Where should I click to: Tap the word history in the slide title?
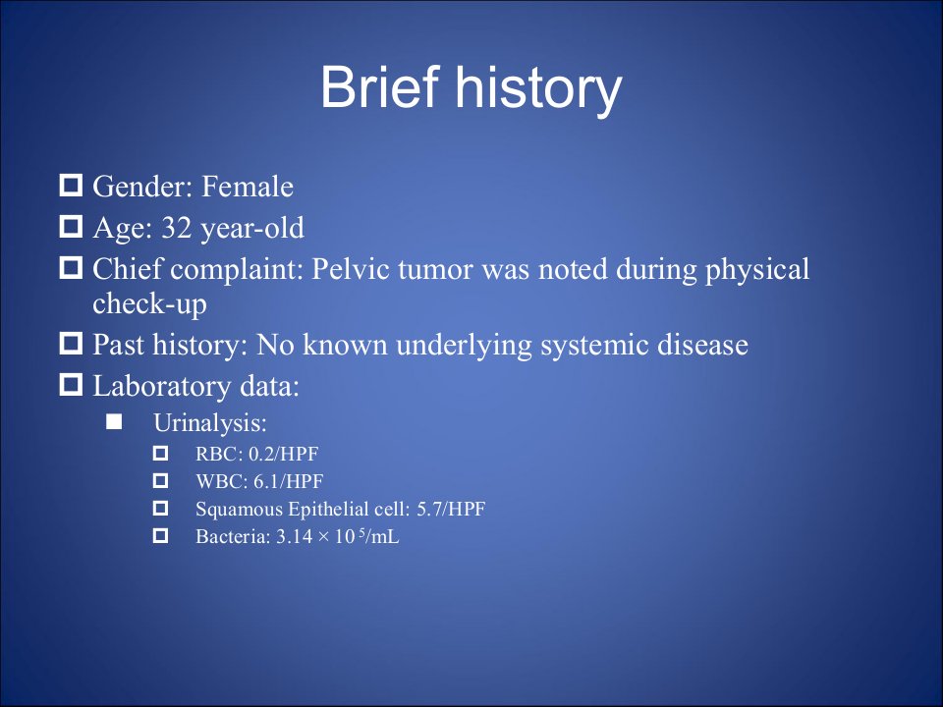(x=537, y=91)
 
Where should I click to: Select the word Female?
(x=248, y=187)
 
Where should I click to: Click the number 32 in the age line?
(x=176, y=228)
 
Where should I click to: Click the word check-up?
(x=149, y=304)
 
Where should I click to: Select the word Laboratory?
(x=161, y=387)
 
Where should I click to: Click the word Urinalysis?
(x=210, y=423)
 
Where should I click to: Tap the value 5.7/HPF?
(x=451, y=510)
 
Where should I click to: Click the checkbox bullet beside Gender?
(x=71, y=186)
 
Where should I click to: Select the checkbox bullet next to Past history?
(x=71, y=344)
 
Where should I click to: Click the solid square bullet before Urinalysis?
(x=114, y=422)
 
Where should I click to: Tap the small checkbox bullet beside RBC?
(x=160, y=454)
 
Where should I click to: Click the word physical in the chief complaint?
(x=757, y=270)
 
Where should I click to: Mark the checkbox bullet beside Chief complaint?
(x=71, y=267)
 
